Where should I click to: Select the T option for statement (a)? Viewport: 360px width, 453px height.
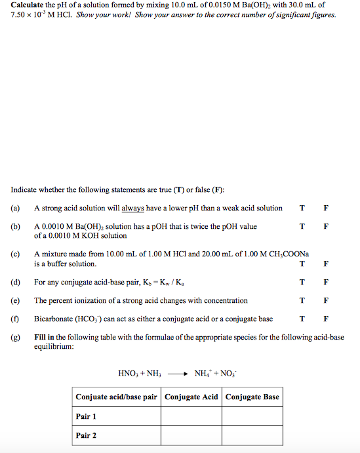302,208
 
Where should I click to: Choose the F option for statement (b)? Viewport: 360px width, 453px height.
326,227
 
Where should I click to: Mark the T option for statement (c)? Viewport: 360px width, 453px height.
302,264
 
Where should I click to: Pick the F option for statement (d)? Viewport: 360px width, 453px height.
326,283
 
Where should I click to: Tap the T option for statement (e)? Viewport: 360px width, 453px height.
302,301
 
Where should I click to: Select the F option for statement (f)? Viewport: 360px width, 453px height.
326,319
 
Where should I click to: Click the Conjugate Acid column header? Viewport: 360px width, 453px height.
191,397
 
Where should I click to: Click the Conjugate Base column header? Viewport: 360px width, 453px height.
252,397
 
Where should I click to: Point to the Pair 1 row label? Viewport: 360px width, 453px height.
86,416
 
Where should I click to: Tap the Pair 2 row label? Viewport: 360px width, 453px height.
86,435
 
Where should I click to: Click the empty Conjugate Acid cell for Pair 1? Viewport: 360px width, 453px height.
191,416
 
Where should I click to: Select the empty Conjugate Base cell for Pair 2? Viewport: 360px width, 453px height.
252,435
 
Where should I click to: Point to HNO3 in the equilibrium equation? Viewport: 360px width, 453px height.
128,374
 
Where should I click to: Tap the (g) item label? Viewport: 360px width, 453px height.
15,338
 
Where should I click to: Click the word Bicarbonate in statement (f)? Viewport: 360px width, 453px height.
52,319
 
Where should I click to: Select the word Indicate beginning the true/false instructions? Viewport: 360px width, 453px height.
24,190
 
